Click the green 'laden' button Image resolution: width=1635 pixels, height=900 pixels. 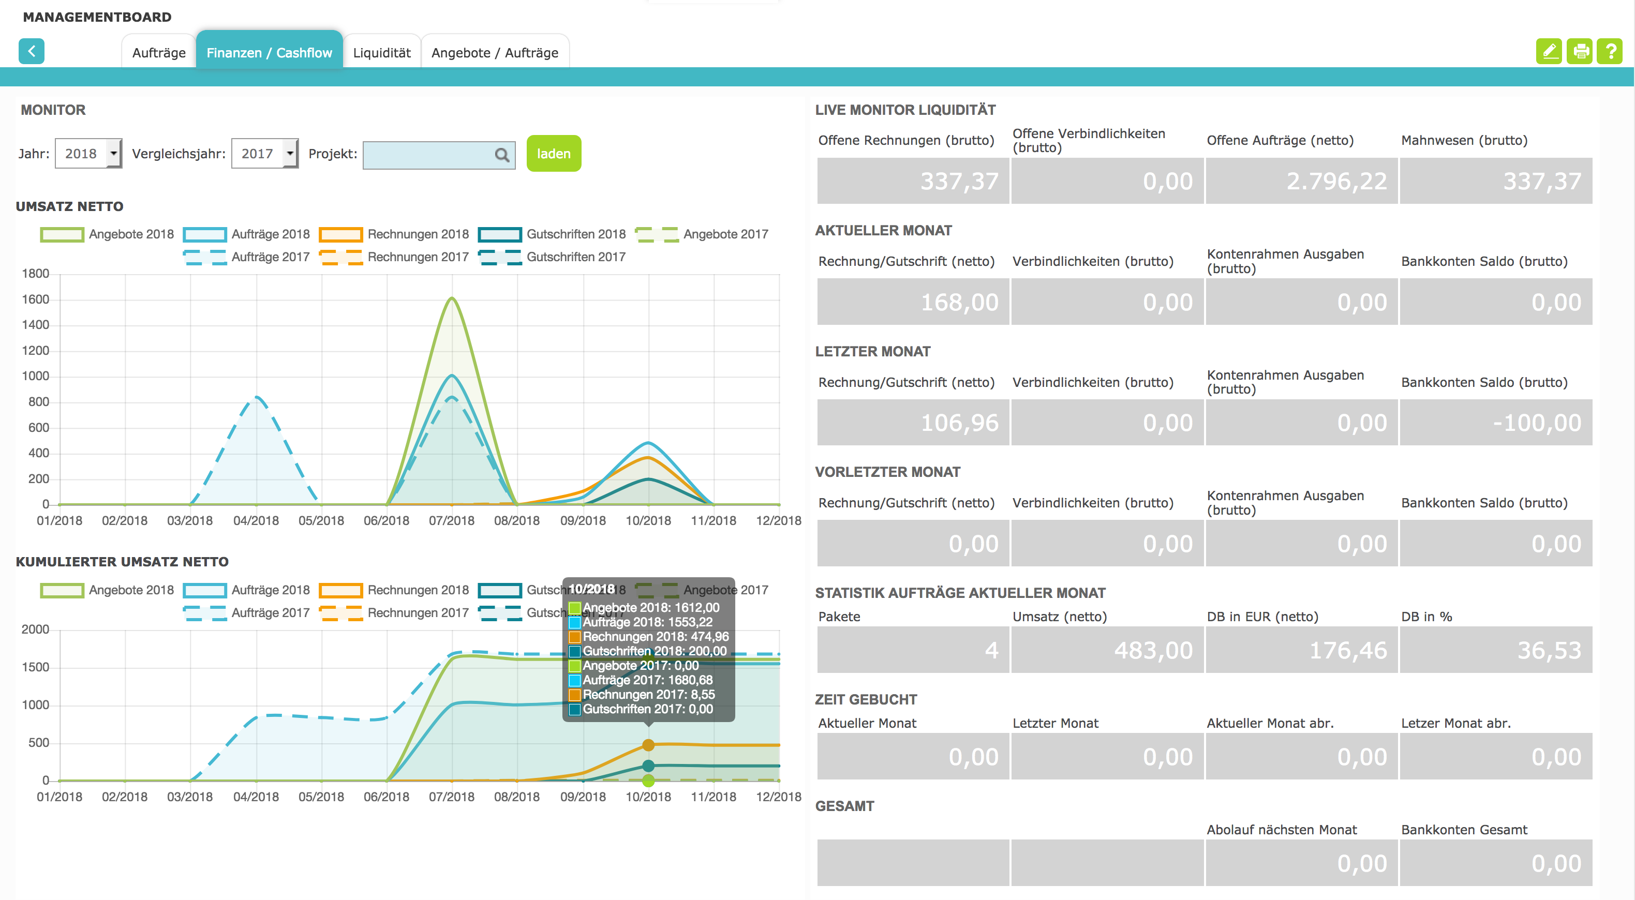pyautogui.click(x=554, y=154)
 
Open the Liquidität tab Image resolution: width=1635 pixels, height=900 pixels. pyautogui.click(x=381, y=53)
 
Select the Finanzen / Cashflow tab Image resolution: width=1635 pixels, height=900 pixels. pyautogui.click(x=269, y=53)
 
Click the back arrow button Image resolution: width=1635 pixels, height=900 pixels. pyautogui.click(x=31, y=51)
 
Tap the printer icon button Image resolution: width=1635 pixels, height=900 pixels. pyautogui.click(x=1580, y=51)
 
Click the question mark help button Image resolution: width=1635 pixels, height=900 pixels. pyautogui.click(x=1610, y=51)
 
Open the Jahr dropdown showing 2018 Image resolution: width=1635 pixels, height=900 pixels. pyautogui.click(x=88, y=154)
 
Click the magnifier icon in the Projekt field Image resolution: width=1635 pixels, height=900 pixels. pyautogui.click(x=501, y=155)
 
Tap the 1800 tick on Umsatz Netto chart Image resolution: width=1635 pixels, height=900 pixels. pyautogui.click(x=36, y=274)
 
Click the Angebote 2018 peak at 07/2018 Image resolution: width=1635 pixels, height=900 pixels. pyautogui.click(x=452, y=298)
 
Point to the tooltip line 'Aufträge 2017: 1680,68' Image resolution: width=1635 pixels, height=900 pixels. pyautogui.click(x=647, y=680)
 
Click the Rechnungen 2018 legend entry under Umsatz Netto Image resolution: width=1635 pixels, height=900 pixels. pyautogui.click(x=394, y=234)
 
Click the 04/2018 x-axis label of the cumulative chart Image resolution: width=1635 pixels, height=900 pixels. pyautogui.click(x=256, y=797)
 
